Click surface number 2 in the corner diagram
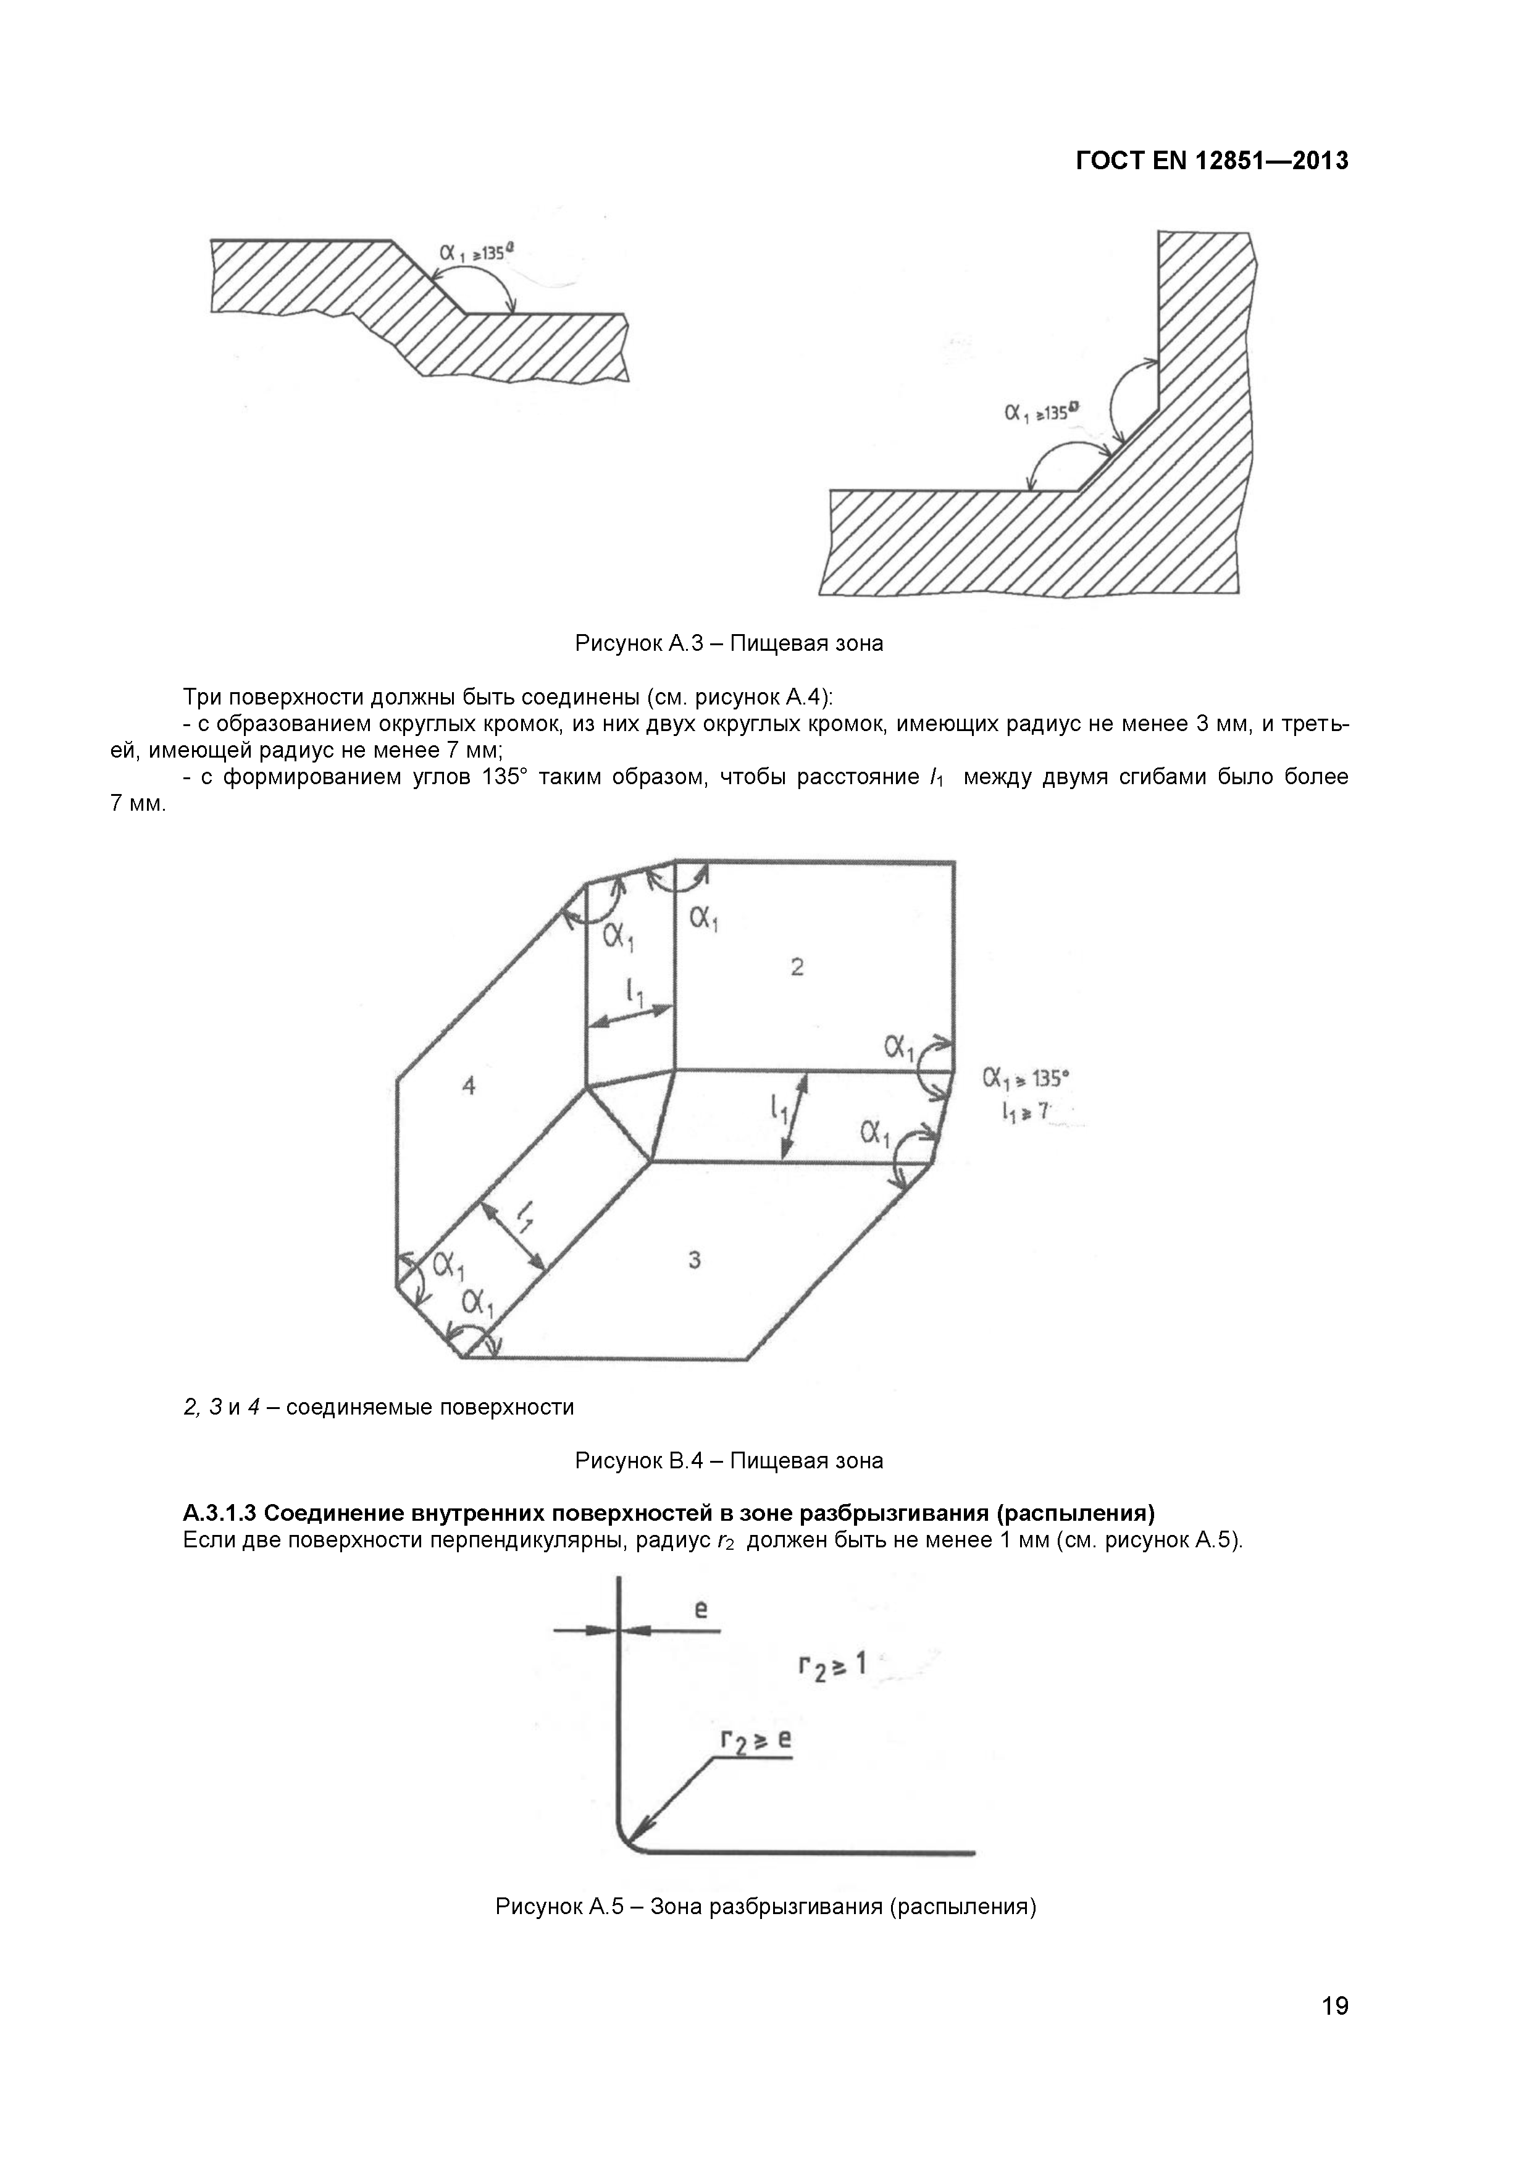pyautogui.click(x=797, y=967)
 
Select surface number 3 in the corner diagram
pyautogui.click(x=694, y=1260)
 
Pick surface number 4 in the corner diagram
pyautogui.click(x=469, y=1086)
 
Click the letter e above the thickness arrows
pyautogui.click(x=701, y=1610)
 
